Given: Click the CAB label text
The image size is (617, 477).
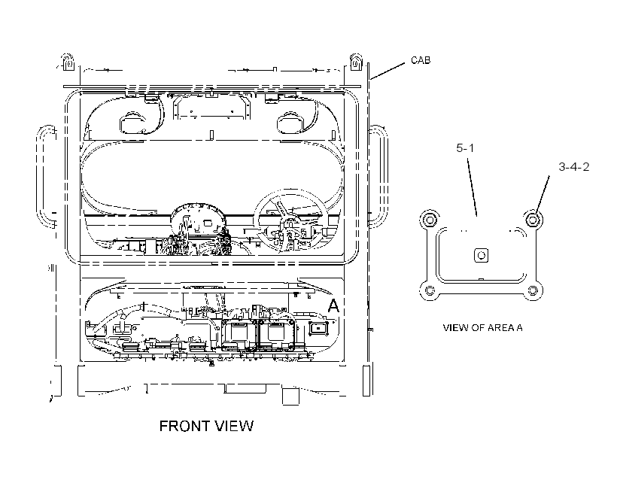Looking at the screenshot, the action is tap(421, 60).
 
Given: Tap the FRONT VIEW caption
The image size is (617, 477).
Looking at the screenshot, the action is tap(206, 426).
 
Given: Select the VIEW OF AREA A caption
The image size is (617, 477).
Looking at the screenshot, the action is tap(482, 327).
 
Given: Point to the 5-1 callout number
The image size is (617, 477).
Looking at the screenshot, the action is tap(465, 148).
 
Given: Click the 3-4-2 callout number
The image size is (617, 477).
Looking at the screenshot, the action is tap(574, 167).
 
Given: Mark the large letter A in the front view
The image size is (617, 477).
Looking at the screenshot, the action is tap(333, 305).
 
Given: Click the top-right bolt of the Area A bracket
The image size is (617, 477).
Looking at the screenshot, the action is tap(533, 219).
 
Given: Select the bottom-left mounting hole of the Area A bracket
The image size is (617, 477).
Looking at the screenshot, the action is tap(430, 291).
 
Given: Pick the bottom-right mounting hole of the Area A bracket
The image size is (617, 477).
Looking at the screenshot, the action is tap(533, 291).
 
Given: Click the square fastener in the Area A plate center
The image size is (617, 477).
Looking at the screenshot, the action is tap(482, 255).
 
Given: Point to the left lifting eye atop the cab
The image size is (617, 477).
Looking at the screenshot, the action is tap(68, 62).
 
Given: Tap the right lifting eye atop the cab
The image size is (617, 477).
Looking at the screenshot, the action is tap(356, 62).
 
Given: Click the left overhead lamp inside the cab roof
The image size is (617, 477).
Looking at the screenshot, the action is tap(132, 122).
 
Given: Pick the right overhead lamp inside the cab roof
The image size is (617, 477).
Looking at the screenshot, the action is tap(290, 122).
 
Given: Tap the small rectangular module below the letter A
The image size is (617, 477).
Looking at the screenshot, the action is tap(318, 328).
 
